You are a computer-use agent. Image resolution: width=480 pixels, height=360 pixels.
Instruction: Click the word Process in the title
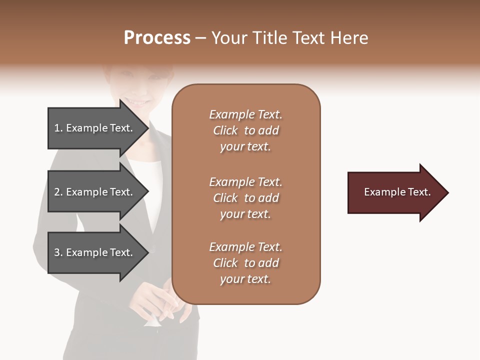[157, 38]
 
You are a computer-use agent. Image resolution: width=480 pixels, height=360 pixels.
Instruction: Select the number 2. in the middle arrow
[58, 192]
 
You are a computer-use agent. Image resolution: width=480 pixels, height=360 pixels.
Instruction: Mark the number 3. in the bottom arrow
[58, 252]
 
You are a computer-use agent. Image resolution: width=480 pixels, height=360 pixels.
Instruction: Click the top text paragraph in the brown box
[245, 130]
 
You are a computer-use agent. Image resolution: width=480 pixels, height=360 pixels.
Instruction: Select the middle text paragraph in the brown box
[245, 198]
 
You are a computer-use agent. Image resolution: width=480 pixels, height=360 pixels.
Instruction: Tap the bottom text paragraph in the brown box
[245, 263]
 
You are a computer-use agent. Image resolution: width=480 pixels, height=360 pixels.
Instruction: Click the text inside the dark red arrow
[397, 192]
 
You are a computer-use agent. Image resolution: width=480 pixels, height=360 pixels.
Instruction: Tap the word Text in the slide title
[309, 38]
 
